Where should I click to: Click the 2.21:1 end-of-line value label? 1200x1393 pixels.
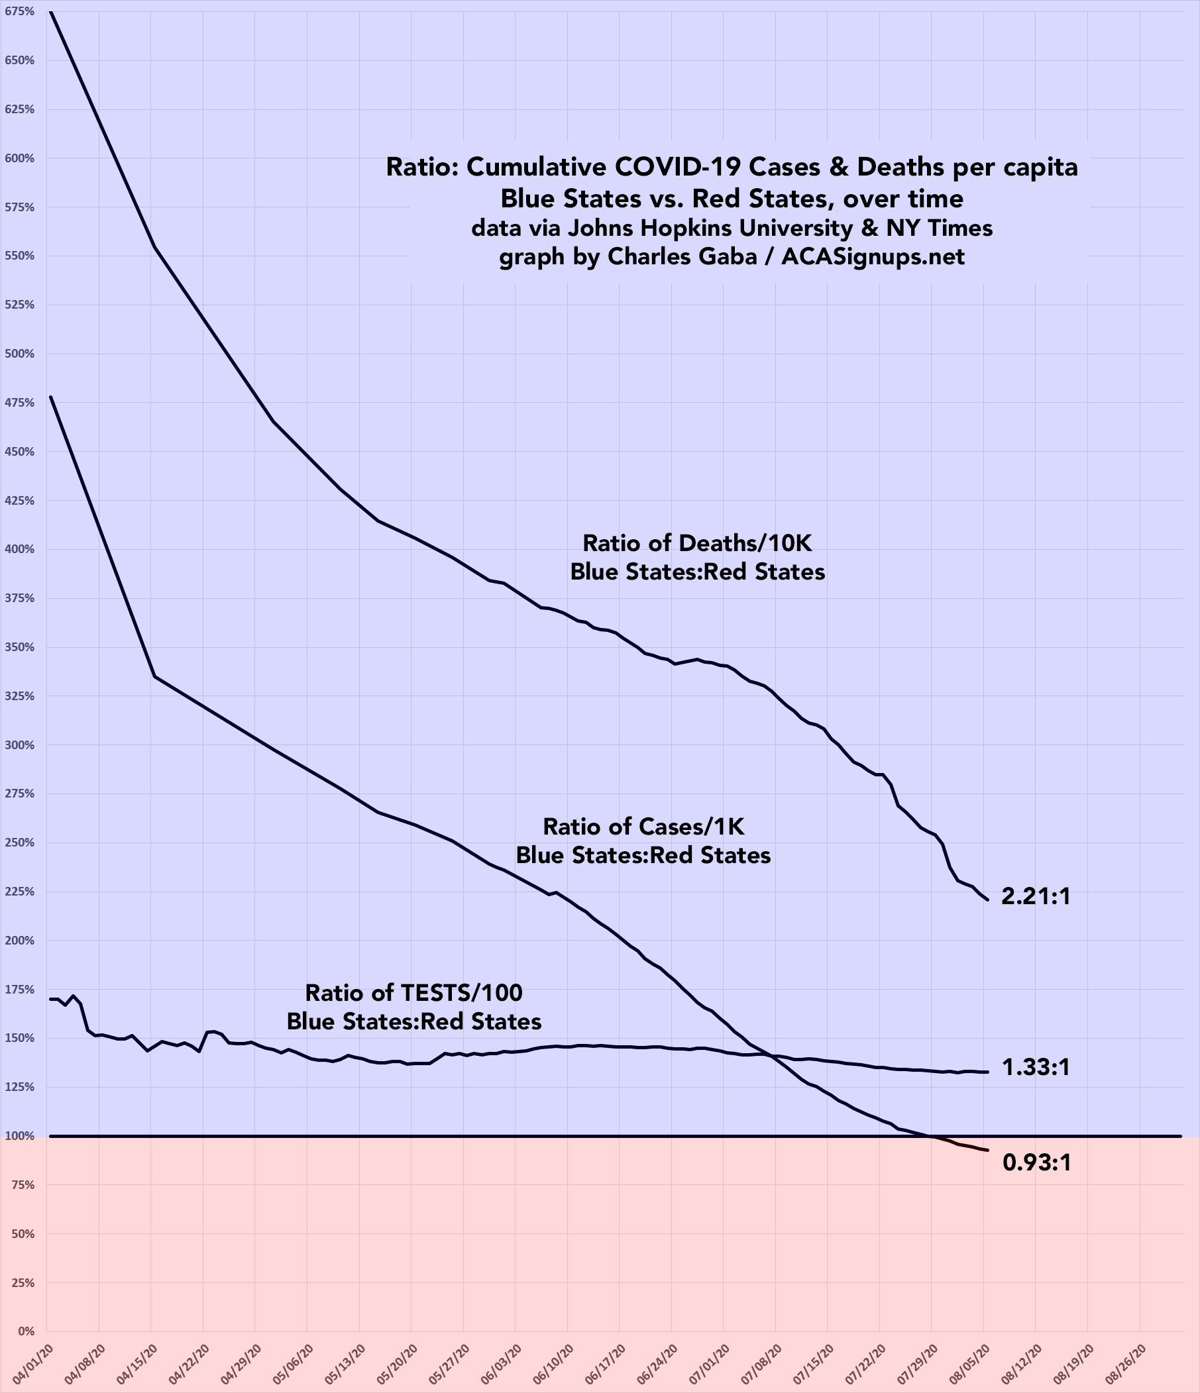1035,896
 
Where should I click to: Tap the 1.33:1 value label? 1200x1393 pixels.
1035,1067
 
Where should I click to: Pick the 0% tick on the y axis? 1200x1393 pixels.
25,1331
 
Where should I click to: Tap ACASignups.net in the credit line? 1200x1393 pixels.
873,257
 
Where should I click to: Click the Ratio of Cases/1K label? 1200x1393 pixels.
643,825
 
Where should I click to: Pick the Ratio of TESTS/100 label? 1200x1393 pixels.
413,992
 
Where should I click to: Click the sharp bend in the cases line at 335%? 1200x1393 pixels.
154,676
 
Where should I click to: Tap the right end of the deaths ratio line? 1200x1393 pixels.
987,900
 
